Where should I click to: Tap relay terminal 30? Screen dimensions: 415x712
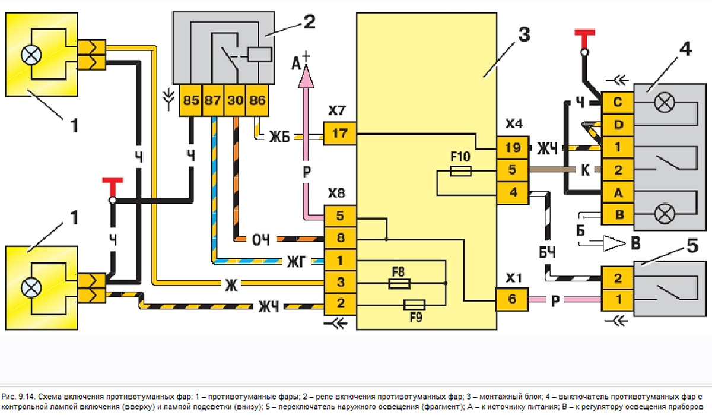coord(235,100)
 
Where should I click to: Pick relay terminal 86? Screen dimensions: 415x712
coord(257,100)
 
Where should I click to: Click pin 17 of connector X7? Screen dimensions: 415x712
coord(339,133)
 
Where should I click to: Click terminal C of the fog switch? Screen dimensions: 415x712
coord(618,102)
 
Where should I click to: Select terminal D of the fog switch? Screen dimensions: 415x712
coord(618,125)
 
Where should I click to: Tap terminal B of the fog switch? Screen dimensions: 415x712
coord(618,215)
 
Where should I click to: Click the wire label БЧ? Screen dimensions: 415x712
coord(548,252)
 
